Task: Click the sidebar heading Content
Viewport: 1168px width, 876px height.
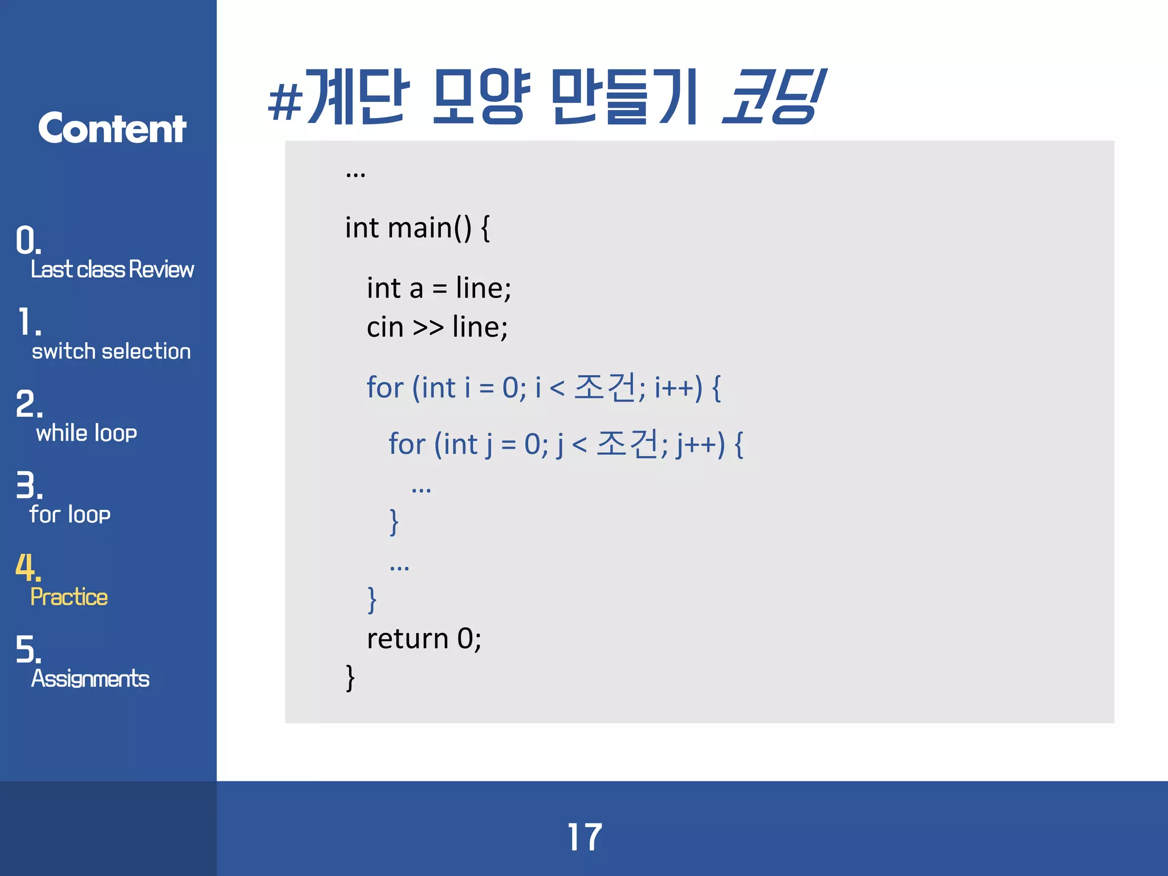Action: (x=112, y=128)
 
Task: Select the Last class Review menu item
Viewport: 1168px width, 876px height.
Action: (x=112, y=269)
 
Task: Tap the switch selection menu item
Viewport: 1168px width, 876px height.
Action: (x=111, y=351)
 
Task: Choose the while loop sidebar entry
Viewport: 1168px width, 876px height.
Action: (x=87, y=433)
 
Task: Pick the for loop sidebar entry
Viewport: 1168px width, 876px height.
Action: (x=70, y=514)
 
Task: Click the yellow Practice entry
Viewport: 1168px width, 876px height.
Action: (x=69, y=597)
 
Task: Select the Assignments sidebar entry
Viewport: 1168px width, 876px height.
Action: (x=90, y=679)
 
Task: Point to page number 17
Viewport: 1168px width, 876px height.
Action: (x=585, y=837)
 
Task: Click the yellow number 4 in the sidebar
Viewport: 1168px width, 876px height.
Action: (x=27, y=567)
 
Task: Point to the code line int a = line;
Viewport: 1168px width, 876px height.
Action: (x=439, y=287)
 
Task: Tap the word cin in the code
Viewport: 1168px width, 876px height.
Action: (x=385, y=327)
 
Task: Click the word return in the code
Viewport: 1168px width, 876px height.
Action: (x=408, y=638)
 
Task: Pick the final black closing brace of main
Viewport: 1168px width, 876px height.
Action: (x=350, y=678)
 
